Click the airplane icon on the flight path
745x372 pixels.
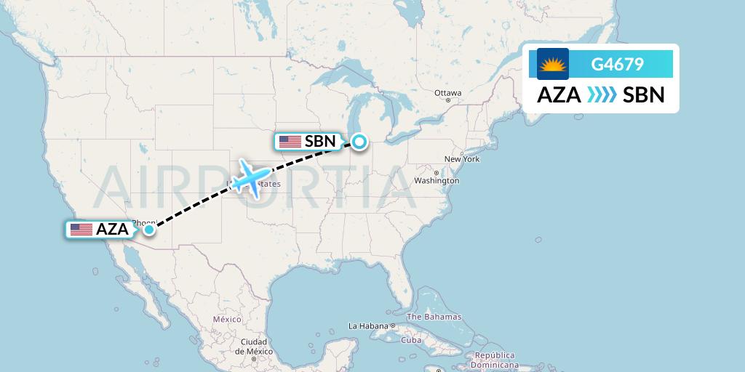[x=250, y=179]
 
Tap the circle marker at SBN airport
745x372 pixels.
[x=359, y=141]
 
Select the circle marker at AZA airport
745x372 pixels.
[x=148, y=230]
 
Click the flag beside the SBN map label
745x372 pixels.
[x=290, y=142]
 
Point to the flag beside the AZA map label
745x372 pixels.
[x=81, y=230]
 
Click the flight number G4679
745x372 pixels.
[x=617, y=64]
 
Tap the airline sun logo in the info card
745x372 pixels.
[x=553, y=64]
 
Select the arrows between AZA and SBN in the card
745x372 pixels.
[x=602, y=95]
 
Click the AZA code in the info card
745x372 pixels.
[x=559, y=95]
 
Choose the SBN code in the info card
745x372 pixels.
[x=644, y=95]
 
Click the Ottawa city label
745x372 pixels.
[x=447, y=93]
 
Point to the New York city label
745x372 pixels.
[x=462, y=158]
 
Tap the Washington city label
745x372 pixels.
[x=437, y=180]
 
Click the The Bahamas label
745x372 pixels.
[x=434, y=317]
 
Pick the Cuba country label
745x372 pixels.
[x=412, y=340]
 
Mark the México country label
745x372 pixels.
[x=227, y=319]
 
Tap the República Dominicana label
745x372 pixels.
[x=495, y=361]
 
